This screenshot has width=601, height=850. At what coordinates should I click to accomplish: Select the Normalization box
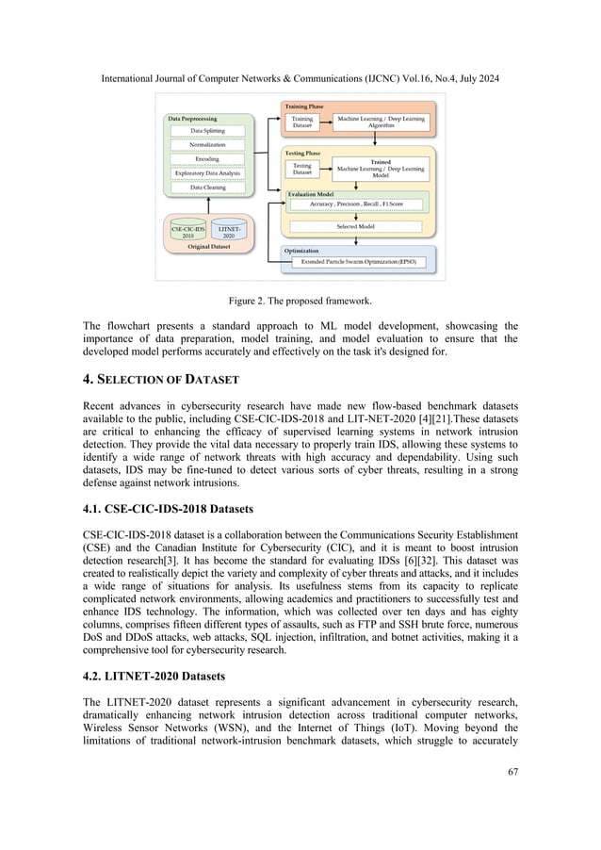(x=207, y=145)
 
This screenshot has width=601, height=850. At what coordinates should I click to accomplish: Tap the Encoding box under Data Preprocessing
(x=207, y=159)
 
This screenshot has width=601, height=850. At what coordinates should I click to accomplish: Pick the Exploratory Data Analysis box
(x=207, y=173)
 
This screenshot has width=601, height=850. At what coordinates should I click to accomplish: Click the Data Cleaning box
(x=207, y=188)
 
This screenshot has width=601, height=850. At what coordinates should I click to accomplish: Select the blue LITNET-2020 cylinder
(x=229, y=232)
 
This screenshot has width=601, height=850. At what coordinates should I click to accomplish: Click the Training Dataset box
(x=302, y=123)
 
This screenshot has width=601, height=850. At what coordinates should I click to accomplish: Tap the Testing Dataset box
(x=302, y=170)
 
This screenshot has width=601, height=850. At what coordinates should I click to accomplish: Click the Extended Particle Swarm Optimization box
(x=360, y=262)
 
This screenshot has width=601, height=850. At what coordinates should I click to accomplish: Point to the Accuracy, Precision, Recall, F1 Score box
(x=355, y=204)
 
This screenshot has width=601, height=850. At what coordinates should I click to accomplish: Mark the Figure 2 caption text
(x=300, y=302)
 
